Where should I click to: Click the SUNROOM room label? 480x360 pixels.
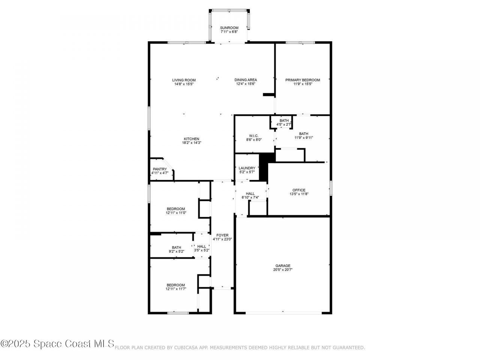229,28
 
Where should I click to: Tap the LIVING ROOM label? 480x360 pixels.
184,80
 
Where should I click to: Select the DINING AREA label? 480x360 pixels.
246,80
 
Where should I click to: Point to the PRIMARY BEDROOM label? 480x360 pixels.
302,80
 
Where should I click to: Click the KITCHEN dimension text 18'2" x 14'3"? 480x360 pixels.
191,143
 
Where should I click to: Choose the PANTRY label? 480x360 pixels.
160,169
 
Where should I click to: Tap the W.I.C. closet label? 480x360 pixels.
254,135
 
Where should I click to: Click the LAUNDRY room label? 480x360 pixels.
247,168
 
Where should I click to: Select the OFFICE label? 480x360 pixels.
299,190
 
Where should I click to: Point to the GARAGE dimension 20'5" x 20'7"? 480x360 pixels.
283,270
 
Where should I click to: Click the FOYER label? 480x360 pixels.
223,235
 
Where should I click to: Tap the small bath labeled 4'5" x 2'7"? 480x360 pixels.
284,124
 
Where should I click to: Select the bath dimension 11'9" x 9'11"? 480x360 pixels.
303,138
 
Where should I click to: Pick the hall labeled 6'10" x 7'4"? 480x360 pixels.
250,197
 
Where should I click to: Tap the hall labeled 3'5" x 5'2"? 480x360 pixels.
201,250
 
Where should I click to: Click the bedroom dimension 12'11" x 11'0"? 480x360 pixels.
176,213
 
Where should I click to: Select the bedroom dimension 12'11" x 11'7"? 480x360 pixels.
176,289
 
